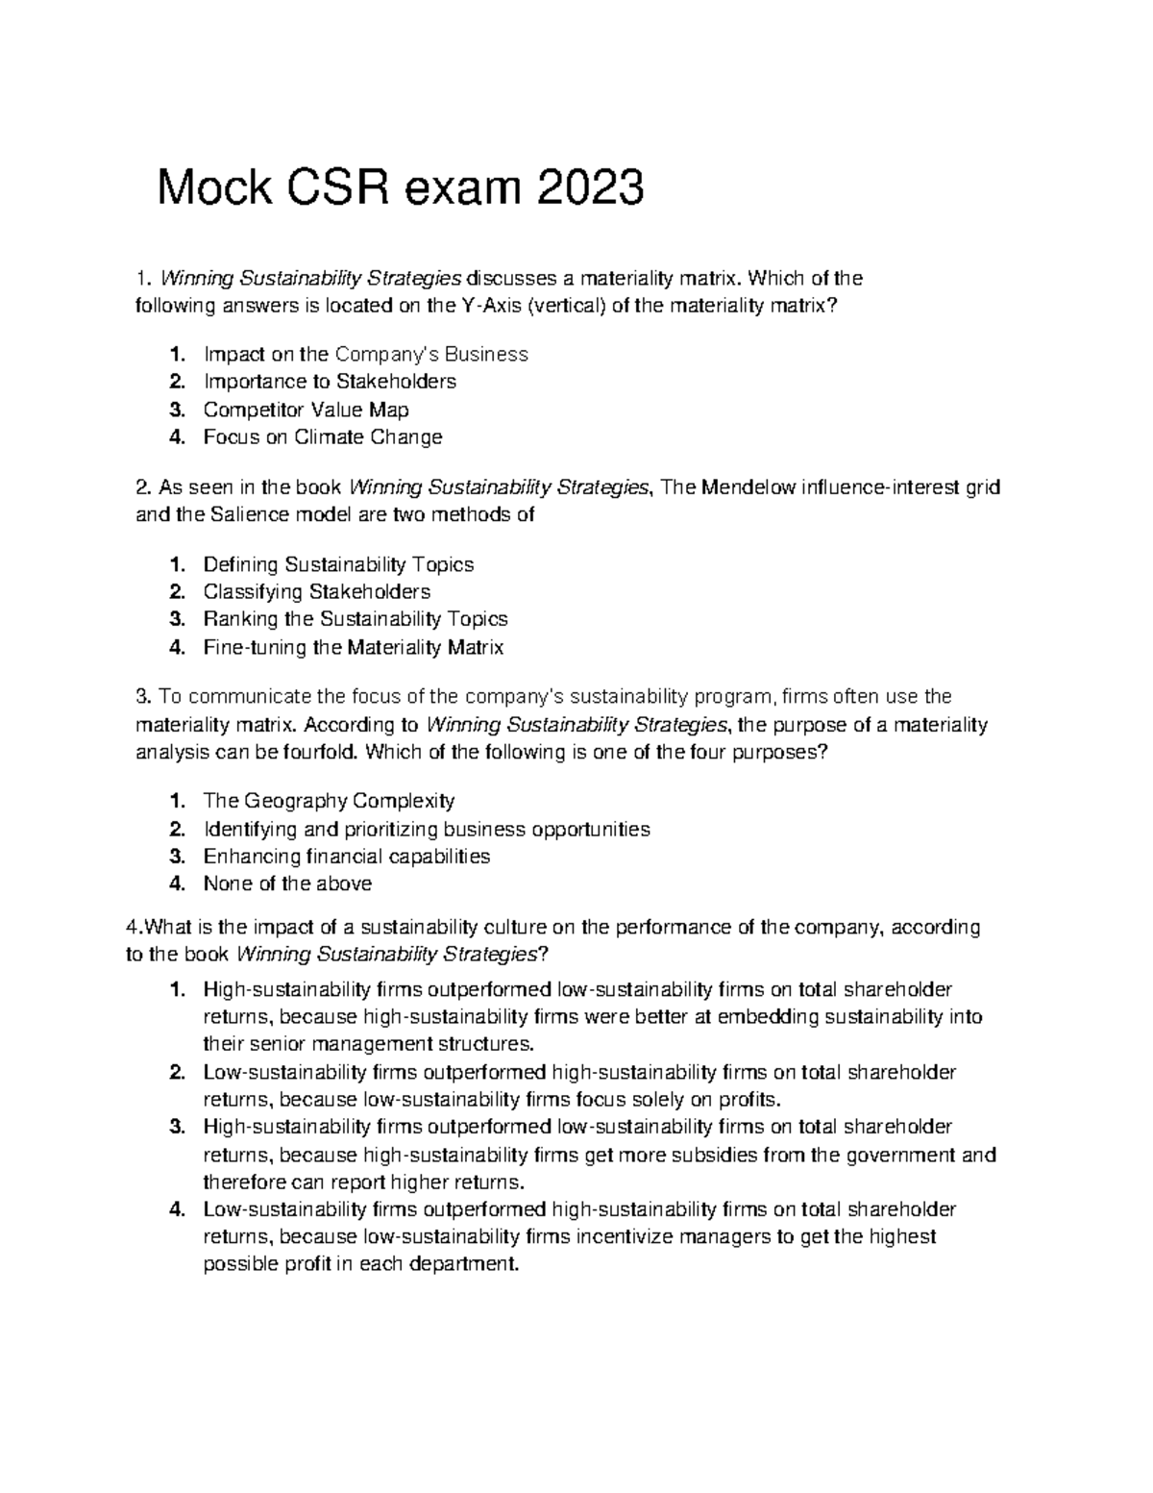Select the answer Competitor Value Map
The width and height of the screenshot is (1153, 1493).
pos(306,410)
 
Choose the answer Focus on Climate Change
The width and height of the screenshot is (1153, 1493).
pos(323,437)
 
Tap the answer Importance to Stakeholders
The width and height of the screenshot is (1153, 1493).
pos(330,382)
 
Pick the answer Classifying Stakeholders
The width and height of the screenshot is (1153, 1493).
pos(317,591)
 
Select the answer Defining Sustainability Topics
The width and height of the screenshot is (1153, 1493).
pos(338,564)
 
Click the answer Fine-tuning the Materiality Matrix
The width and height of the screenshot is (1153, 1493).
pos(354,647)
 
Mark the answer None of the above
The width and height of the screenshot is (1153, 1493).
pos(287,883)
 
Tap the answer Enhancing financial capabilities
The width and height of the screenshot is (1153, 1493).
pos(347,856)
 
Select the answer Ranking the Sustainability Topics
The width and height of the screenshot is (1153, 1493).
pos(356,619)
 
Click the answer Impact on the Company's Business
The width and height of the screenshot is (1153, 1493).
pos(365,354)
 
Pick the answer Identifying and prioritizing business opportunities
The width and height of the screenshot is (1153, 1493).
pos(427,829)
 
